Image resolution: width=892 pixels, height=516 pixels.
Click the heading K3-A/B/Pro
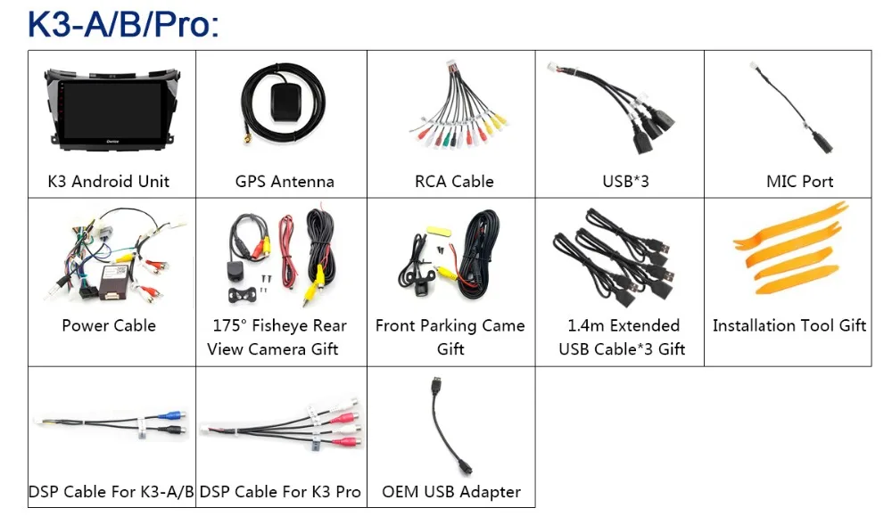pyautogui.click(x=122, y=24)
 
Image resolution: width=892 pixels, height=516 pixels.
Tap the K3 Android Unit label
pyautogui.click(x=109, y=182)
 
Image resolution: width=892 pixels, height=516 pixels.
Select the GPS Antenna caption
pyautogui.click(x=285, y=182)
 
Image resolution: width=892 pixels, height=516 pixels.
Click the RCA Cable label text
pyautogui.click(x=454, y=182)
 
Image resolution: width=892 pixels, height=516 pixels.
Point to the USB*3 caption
pyautogui.click(x=625, y=182)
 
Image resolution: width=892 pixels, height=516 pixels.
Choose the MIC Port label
pyautogui.click(x=799, y=182)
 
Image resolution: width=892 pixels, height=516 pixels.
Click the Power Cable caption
pyautogui.click(x=109, y=326)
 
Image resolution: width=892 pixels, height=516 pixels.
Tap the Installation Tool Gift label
pyautogui.click(x=789, y=326)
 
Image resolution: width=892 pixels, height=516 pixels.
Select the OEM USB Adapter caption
pyautogui.click(x=451, y=492)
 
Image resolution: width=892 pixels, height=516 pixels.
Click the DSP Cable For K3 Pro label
pyautogui.click(x=280, y=492)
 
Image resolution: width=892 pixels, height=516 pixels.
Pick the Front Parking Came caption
pyautogui.click(x=450, y=326)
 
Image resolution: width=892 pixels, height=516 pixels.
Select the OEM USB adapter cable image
pyautogui.click(x=446, y=428)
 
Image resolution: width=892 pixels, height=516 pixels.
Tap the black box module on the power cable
pyautogui.click(x=106, y=283)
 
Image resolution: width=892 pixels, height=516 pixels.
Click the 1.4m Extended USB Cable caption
pyautogui.click(x=623, y=338)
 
